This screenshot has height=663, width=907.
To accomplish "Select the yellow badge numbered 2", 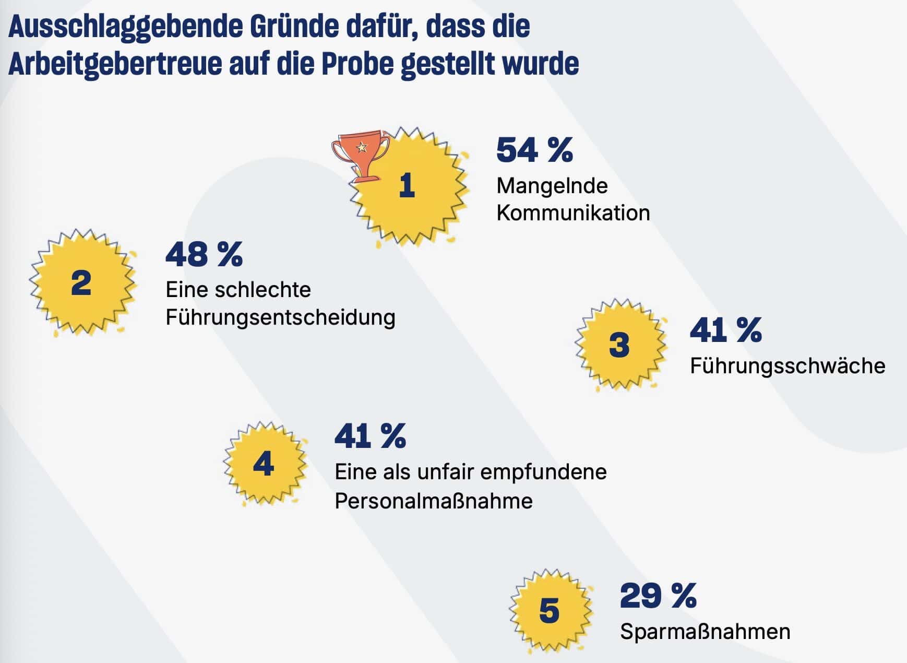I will (x=81, y=283).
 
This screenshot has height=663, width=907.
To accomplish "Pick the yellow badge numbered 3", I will (x=620, y=345).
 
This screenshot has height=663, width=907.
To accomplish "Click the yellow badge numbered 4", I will (x=264, y=464).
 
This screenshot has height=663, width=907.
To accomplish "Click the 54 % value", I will (x=534, y=150).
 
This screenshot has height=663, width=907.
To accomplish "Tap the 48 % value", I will (x=204, y=255).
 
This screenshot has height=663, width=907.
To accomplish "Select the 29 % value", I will (x=658, y=596).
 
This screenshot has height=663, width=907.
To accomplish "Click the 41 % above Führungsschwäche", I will (x=726, y=330).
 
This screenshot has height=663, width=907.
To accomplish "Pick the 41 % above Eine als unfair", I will (x=370, y=436).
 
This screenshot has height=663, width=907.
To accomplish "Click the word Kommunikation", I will (x=573, y=213).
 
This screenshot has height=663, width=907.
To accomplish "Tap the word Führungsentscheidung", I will (x=280, y=317).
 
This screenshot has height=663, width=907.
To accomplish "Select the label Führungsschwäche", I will (x=787, y=366).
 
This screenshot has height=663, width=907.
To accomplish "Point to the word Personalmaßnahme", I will (x=434, y=501).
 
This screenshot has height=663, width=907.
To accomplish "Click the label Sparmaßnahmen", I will (x=705, y=632).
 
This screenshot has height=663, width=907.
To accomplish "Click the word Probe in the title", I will (x=357, y=64).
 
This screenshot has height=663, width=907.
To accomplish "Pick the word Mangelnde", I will (x=552, y=186).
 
